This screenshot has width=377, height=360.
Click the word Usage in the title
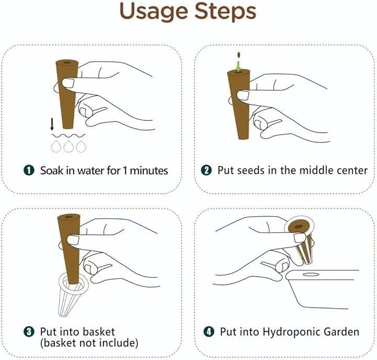[153, 12]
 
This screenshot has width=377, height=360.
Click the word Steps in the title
[225, 12]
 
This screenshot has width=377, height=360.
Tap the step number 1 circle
[29, 171]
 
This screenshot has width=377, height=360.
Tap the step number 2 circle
[206, 170]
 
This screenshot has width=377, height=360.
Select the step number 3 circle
[29, 332]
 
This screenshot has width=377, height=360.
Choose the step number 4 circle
[208, 332]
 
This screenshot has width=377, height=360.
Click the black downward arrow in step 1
[52, 124]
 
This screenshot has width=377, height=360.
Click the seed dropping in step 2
[239, 55]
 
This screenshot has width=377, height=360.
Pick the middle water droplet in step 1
[69, 147]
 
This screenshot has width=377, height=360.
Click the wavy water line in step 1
[68, 136]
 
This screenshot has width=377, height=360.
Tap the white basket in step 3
[72, 295]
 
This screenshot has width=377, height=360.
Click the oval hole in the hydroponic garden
[311, 274]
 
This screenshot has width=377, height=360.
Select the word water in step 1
[91, 171]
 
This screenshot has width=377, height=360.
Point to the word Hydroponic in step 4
[291, 332]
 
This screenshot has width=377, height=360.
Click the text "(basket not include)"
[89, 343]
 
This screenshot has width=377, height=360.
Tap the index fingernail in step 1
[68, 83]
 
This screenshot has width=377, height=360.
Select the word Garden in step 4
[341, 332]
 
